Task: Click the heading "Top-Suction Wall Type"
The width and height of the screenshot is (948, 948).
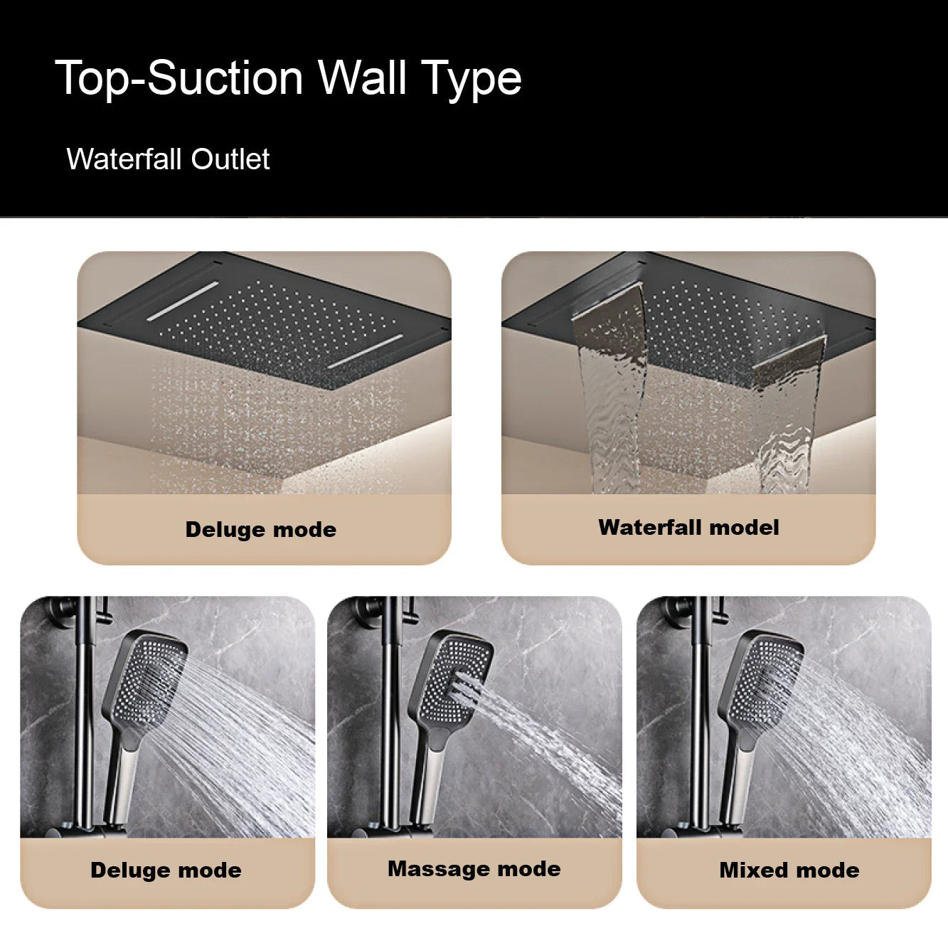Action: (x=288, y=78)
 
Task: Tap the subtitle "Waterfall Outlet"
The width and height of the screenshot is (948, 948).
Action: (x=168, y=159)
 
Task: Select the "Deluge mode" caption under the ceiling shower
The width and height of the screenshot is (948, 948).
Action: (x=260, y=529)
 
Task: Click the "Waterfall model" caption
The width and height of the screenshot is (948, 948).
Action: (x=688, y=527)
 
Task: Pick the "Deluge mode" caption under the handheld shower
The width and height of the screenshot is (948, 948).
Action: (x=166, y=870)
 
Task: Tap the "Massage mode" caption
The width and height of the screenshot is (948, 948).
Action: (x=474, y=868)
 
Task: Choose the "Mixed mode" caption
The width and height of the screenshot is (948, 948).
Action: (x=789, y=870)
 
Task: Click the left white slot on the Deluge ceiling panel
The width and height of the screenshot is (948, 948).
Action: (x=183, y=302)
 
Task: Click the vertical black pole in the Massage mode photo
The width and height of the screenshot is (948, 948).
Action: (x=390, y=711)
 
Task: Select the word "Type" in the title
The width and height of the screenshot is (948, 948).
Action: (x=471, y=78)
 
